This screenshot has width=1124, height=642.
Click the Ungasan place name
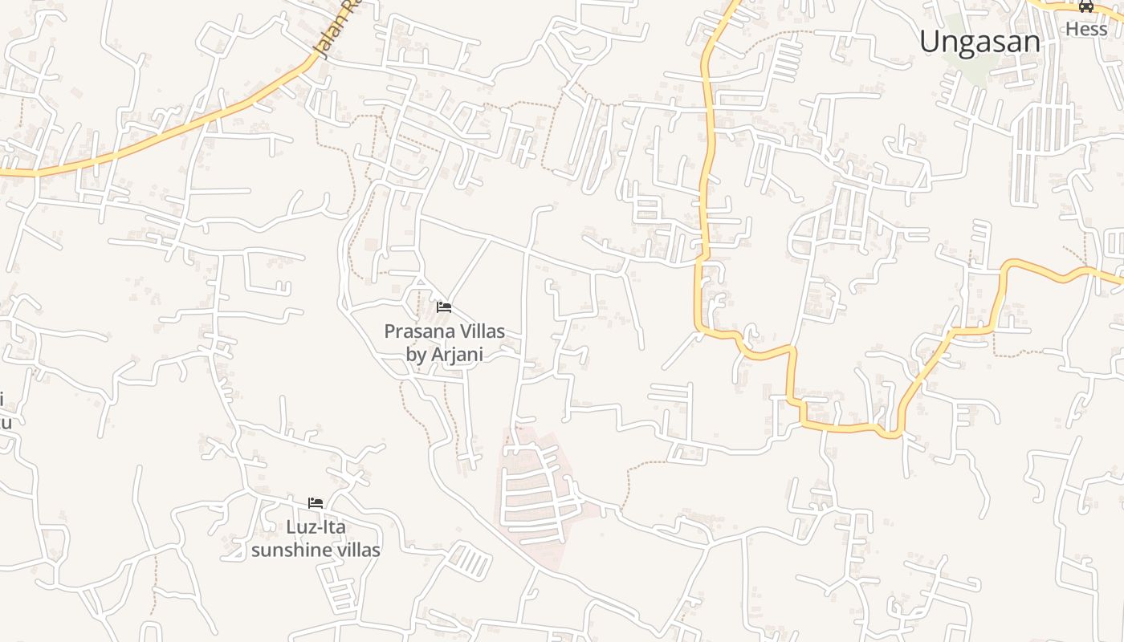(x=979, y=42)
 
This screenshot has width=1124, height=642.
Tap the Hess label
(x=1085, y=29)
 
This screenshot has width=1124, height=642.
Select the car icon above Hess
(x=1086, y=6)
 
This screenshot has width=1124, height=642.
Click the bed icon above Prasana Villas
(x=444, y=307)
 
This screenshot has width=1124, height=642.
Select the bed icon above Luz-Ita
(x=316, y=503)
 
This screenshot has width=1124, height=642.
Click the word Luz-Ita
(x=316, y=527)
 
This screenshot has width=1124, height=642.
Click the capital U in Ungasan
(x=930, y=42)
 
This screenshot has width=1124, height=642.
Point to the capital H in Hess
(x=1072, y=29)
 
